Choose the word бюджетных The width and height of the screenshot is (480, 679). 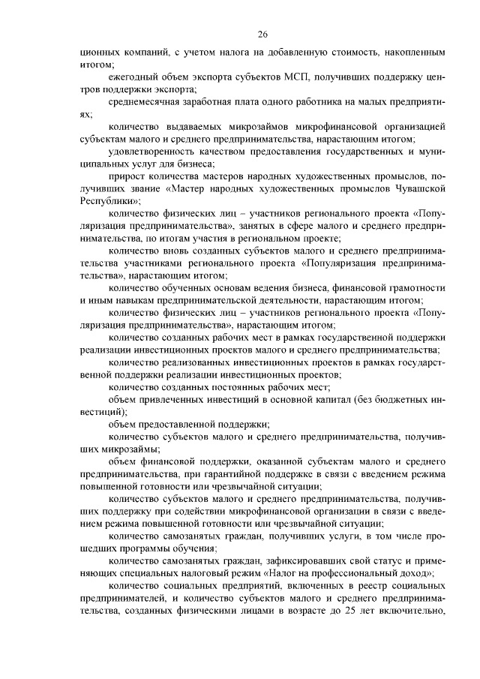pyautogui.click(x=401, y=398)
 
